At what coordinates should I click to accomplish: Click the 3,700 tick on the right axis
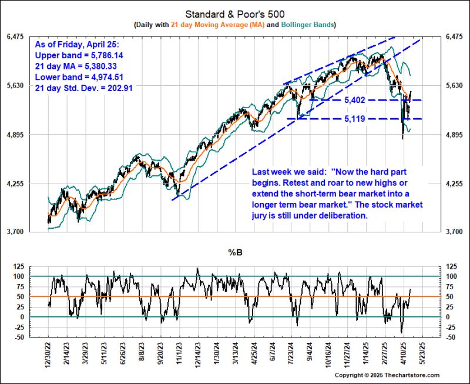456,232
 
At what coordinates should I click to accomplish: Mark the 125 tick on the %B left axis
19,266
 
